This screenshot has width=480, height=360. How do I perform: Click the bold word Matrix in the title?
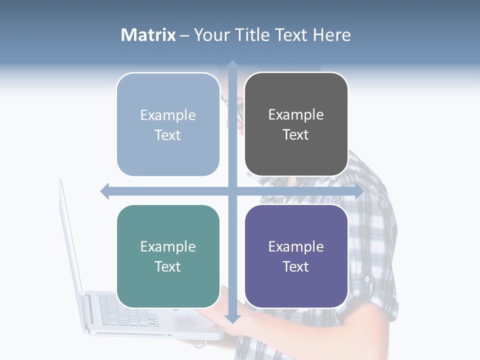(148, 35)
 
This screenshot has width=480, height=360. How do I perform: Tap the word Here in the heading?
(331, 35)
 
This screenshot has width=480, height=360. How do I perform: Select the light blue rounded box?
(168, 124)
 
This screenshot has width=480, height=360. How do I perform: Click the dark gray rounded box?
(296, 124)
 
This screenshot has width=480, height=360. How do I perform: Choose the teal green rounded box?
(168, 256)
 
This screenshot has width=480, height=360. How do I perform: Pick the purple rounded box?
(296, 256)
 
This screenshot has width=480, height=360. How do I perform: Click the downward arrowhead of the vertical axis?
(232, 318)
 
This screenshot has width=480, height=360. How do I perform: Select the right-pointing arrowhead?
(358, 191)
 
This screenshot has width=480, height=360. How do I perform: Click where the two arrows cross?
(232, 191)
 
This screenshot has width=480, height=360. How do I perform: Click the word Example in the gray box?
(296, 115)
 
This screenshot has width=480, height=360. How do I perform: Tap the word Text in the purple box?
(296, 266)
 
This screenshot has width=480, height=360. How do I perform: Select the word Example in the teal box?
(168, 246)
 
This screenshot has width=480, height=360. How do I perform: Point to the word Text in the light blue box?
(168, 135)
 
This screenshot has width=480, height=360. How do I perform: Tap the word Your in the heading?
(210, 35)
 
